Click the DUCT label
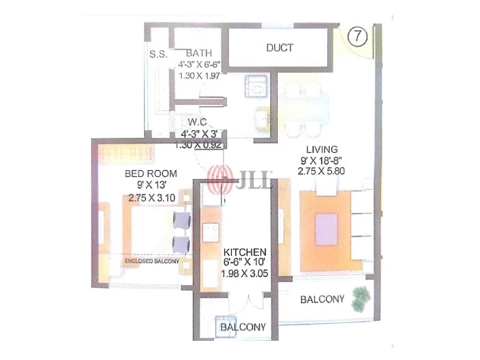pos(280,48)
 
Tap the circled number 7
pos(357,37)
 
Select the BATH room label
pos(199,53)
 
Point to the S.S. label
pos(158,54)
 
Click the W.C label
pos(197,122)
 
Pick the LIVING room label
pos(322,149)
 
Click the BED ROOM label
pos(151,173)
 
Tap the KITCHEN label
pos(245,252)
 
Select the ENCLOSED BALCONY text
pos(152,261)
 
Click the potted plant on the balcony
pos(361,299)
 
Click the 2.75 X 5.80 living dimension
pos(321,171)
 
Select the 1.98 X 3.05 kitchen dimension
pos(244,273)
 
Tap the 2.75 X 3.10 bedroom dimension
pos(152,197)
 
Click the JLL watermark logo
pos(239,180)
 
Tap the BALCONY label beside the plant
pos(322,299)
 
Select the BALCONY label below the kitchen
pos(243,327)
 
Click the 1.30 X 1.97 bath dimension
pos(199,75)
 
